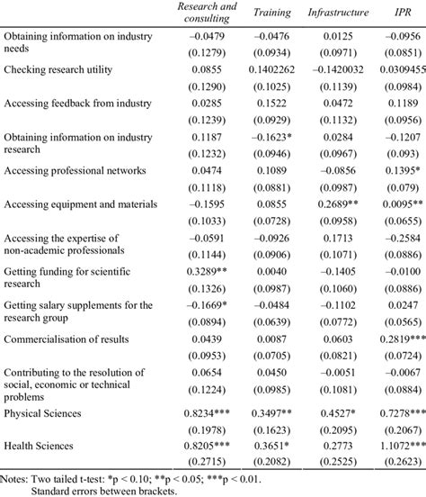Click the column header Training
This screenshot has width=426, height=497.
pos(272,14)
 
